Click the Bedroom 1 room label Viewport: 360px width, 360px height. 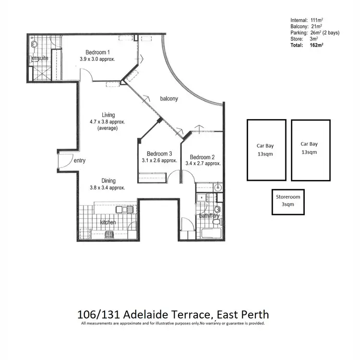(98, 52)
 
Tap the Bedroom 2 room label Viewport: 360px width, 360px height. (202, 157)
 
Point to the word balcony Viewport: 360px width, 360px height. (169, 99)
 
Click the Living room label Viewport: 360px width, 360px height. (108, 115)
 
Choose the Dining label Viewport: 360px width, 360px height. (108, 181)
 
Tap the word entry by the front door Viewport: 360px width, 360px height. (79, 161)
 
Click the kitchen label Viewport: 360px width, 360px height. (108, 223)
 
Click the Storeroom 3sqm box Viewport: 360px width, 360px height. (288, 201)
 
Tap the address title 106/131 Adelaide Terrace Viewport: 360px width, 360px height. (173, 315)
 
